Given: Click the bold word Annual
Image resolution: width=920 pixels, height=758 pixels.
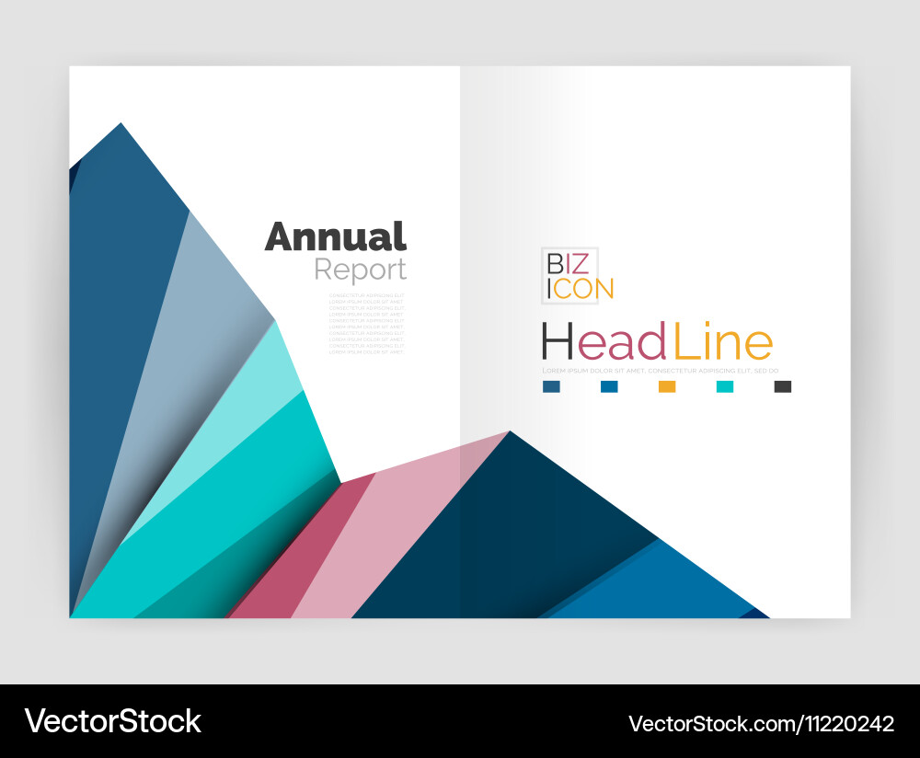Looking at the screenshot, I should coord(336,237).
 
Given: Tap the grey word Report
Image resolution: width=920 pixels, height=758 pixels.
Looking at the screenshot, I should coord(360,270).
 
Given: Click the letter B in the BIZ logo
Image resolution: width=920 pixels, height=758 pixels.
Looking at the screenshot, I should coord(556,264).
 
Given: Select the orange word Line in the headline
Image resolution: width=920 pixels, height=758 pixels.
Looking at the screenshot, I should coord(723,342).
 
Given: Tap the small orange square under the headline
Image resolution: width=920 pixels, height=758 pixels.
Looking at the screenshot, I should coord(667,386).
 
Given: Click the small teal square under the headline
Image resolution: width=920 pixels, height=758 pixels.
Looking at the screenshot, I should coord(725,386).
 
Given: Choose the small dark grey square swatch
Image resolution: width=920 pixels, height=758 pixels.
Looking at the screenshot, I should coord(783,386).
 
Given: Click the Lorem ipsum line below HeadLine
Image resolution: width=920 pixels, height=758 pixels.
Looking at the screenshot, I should coord(661,371).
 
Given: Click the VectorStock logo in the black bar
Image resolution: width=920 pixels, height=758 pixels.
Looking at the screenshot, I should coord(113,720).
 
